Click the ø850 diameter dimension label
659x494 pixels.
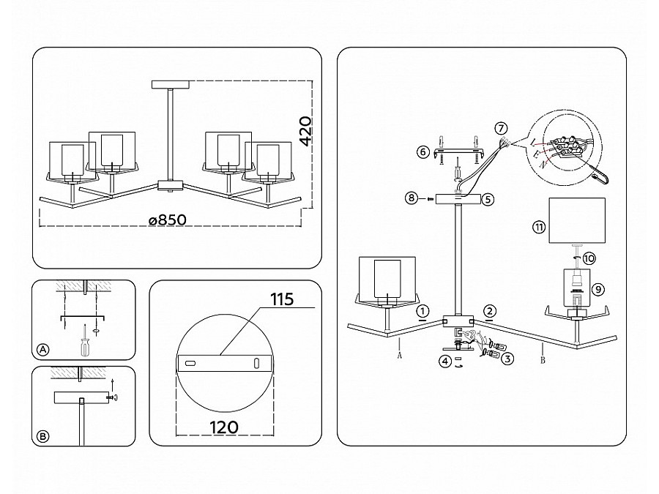click(168, 220)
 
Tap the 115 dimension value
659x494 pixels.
click(282, 299)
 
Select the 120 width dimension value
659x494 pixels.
click(224, 427)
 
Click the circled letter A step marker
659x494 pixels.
click(43, 350)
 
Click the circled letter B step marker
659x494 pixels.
click(43, 436)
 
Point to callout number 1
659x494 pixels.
click(422, 311)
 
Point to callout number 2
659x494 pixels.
click(489, 311)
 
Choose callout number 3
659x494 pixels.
click(507, 359)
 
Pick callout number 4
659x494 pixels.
click(445, 361)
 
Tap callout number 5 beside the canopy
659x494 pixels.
click(488, 199)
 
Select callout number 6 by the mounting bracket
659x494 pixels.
click(422, 151)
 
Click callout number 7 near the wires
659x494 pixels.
click(501, 127)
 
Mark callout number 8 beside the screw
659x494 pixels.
click(412, 198)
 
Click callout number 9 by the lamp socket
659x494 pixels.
click(598, 289)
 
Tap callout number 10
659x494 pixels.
click(589, 258)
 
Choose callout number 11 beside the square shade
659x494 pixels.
click(539, 228)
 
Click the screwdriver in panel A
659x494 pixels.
click(86, 341)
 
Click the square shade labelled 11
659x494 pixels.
click(577, 220)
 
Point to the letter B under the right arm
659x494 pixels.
click(543, 360)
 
